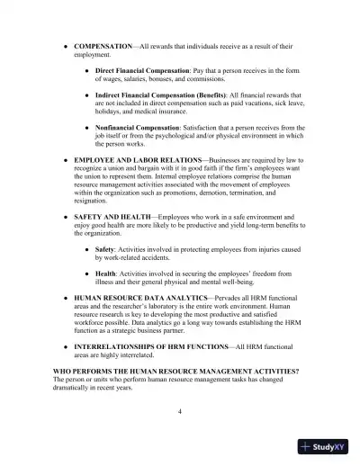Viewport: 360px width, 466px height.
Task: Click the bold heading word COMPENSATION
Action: [102, 43]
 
